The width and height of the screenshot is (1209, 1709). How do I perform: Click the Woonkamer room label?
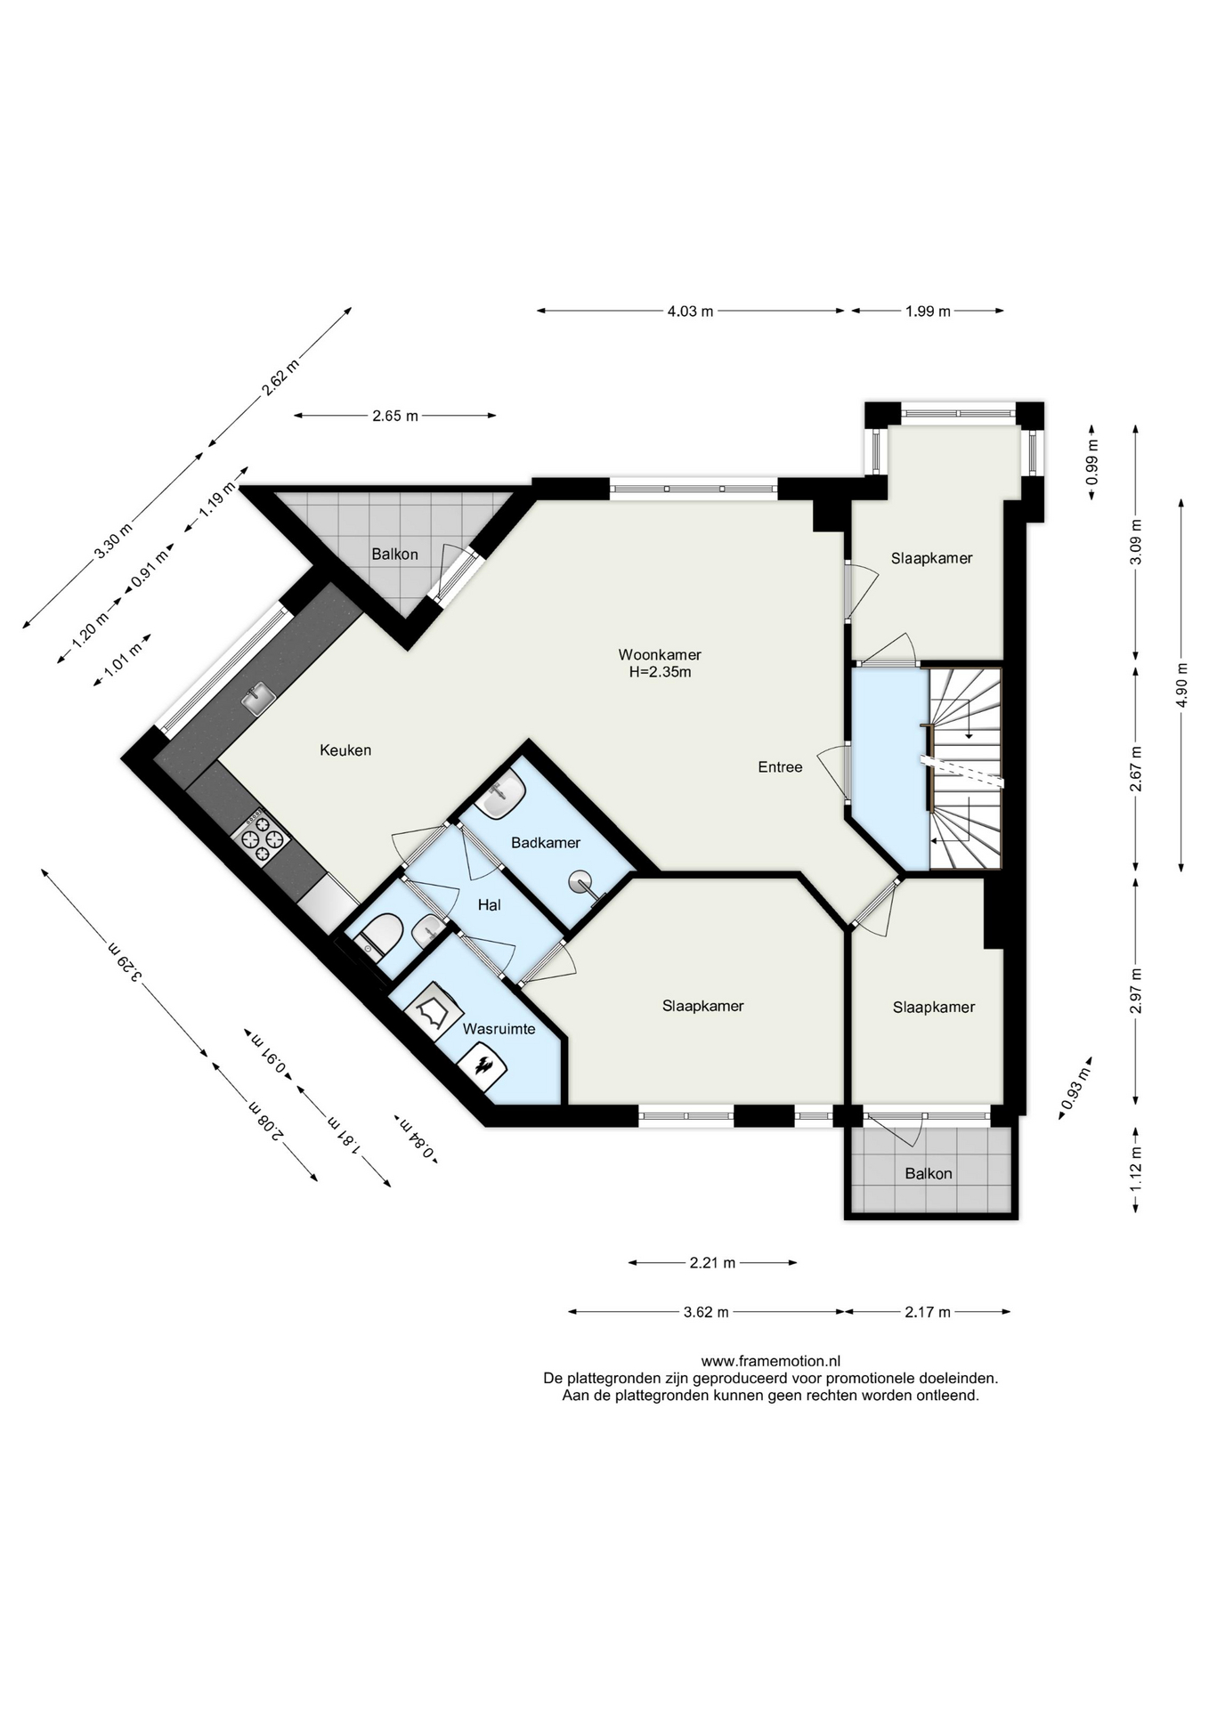pos(660,655)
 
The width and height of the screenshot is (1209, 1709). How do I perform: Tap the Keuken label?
pos(345,750)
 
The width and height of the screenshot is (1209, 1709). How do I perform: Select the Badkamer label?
pos(546,842)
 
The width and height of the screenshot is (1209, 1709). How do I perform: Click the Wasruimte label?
pos(499,1029)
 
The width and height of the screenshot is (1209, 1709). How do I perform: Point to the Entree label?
pos(781,767)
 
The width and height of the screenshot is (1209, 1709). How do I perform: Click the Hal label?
pos(489,905)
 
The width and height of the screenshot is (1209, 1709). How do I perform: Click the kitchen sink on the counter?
pos(258,699)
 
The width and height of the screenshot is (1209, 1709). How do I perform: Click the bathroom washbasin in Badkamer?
pos(500,794)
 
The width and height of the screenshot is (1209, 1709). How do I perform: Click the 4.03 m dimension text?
pos(691,312)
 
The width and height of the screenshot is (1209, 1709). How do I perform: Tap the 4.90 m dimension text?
pos(1181,685)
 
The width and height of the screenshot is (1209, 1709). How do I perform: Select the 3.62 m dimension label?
pos(707,1312)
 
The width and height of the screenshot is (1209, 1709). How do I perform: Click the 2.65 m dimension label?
pos(395,416)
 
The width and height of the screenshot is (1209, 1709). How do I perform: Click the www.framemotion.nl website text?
pos(771,1361)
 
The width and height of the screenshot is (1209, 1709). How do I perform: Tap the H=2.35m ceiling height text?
pos(660,673)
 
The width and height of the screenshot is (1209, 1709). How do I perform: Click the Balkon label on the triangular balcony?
pos(394,555)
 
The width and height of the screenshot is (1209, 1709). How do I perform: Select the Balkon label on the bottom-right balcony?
pos(929,1174)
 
